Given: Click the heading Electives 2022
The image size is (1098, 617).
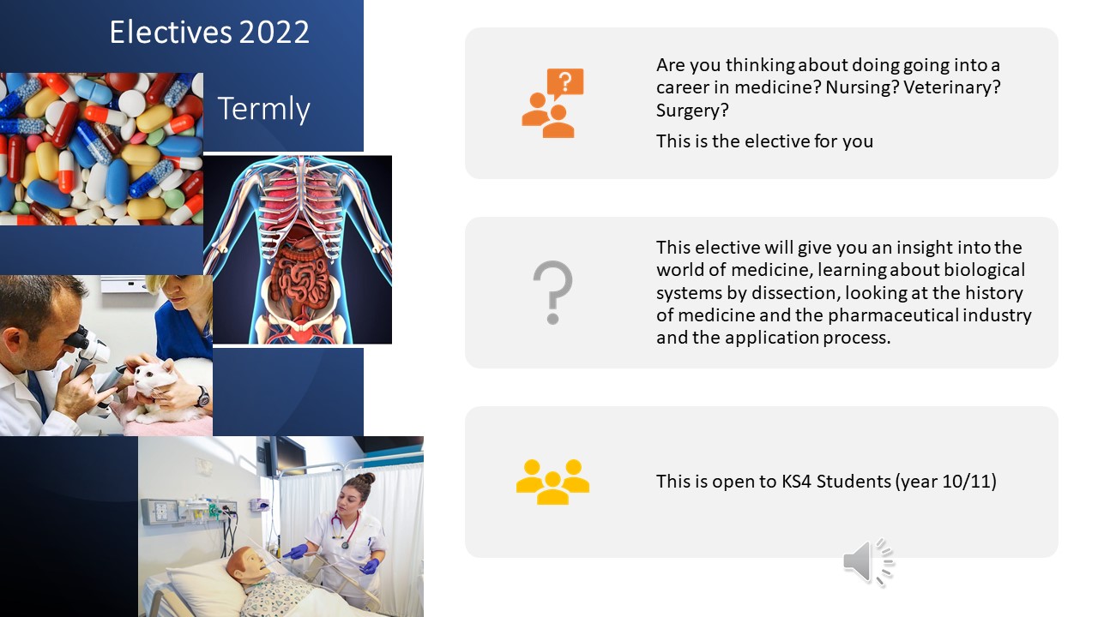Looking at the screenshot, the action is [209, 33].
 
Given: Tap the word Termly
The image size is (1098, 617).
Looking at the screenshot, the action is [263, 109].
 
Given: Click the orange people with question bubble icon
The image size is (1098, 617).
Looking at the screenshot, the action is [552, 103].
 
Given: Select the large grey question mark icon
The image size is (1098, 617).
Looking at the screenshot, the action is [553, 292].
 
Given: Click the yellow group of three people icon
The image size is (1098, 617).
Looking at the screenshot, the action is [552, 482].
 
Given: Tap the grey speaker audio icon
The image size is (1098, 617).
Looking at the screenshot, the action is [868, 562].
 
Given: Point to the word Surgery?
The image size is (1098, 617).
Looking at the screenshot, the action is [692, 111].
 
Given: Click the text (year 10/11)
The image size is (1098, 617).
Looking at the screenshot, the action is [945, 482].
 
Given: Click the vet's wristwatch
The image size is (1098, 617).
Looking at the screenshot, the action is [202, 397].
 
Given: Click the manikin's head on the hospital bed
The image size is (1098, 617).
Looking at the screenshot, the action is [247, 564].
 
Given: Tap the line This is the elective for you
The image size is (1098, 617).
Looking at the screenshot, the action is [764, 141].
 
